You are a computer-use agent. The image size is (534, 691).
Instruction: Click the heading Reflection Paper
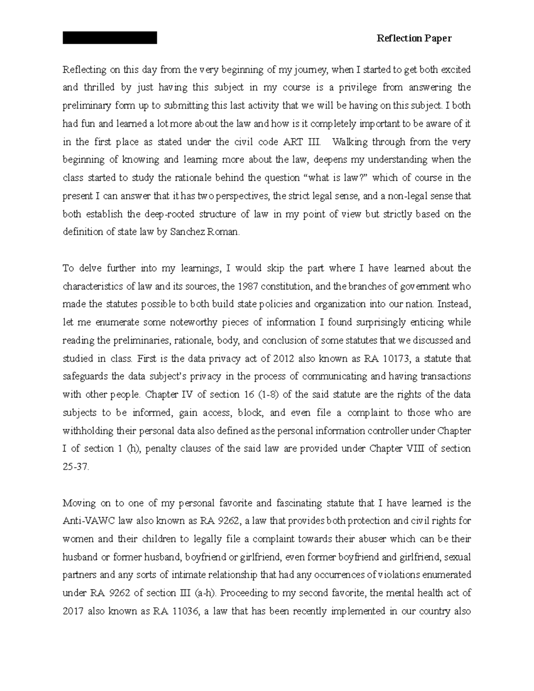click(414, 38)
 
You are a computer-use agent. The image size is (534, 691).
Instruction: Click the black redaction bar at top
click(110, 38)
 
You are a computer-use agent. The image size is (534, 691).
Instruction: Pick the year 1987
click(248, 286)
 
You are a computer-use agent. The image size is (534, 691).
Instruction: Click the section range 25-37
click(76, 467)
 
